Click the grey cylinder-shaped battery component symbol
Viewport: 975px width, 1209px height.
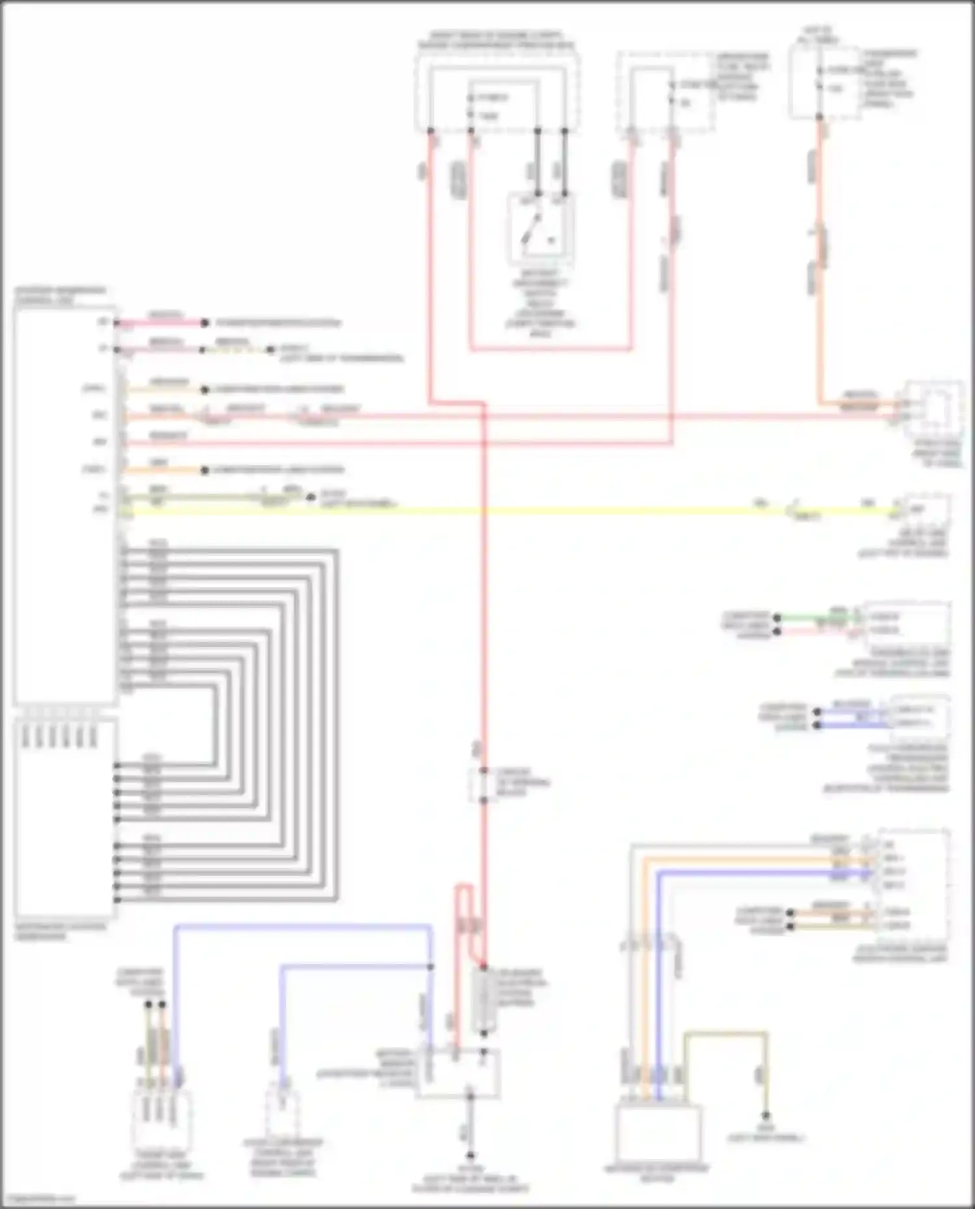click(x=484, y=1000)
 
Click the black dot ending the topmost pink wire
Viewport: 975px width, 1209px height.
click(x=205, y=323)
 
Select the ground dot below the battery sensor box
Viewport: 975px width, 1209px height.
click(x=470, y=1156)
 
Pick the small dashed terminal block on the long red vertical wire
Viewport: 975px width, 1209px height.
click(x=484, y=785)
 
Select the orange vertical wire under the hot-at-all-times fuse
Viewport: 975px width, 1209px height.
click(x=820, y=260)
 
